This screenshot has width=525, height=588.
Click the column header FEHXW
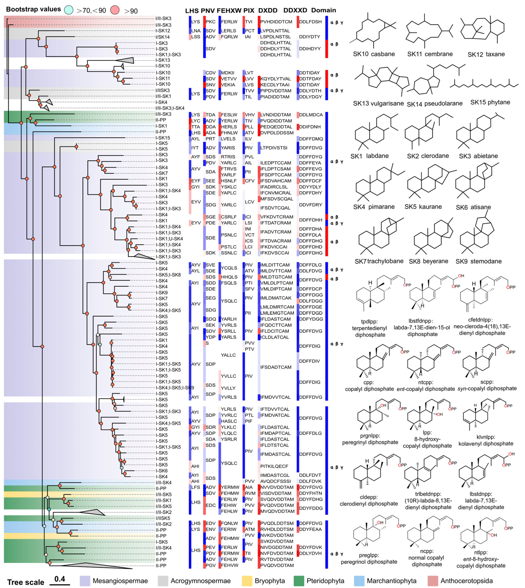[x=229, y=11]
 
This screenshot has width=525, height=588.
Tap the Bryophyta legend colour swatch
[x=247, y=581]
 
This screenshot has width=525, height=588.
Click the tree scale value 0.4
[x=60, y=579]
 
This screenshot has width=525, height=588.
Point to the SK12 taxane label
[x=486, y=54]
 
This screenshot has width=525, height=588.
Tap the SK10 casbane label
[x=374, y=54]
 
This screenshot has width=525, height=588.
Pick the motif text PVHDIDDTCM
[x=276, y=22]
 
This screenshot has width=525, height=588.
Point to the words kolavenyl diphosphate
[x=486, y=444]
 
